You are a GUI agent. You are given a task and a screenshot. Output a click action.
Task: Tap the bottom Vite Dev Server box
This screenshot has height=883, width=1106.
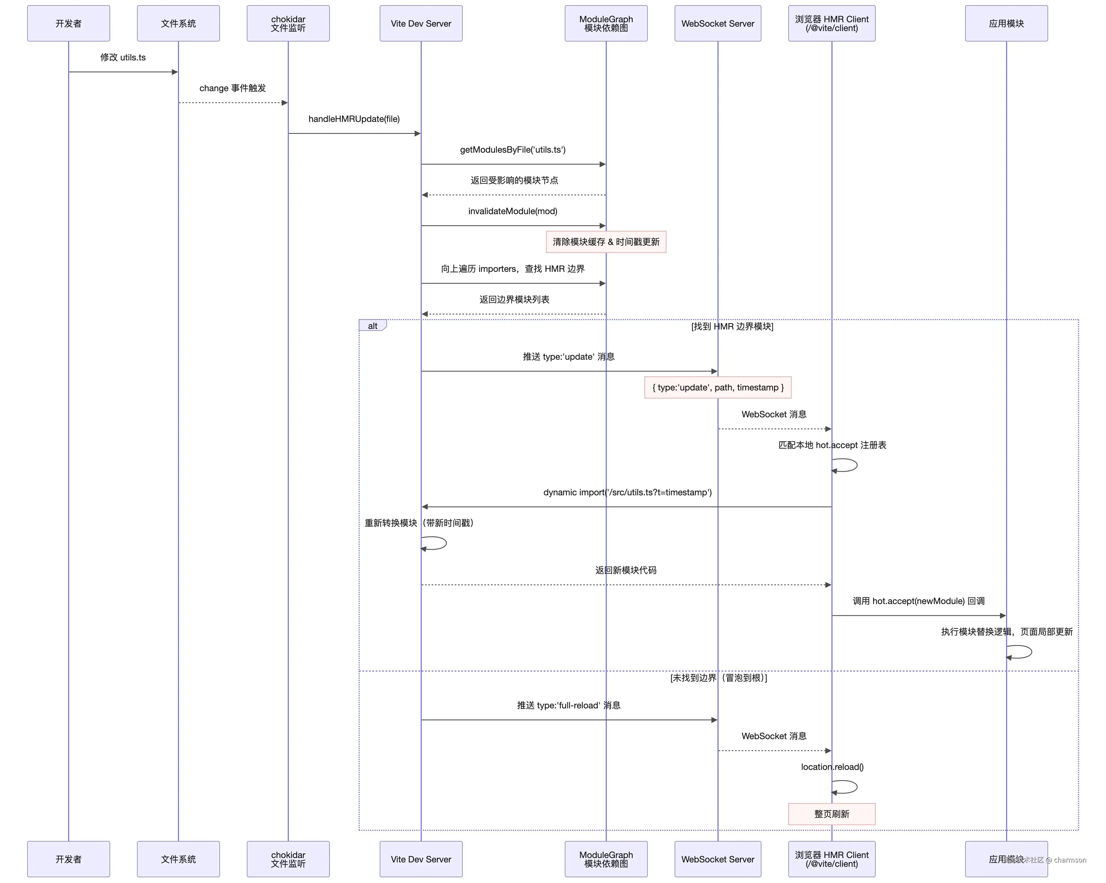click(x=421, y=859)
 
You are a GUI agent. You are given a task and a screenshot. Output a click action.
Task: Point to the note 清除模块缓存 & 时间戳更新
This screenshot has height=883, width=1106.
click(x=606, y=242)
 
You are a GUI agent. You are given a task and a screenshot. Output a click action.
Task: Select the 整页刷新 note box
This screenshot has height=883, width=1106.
click(x=831, y=814)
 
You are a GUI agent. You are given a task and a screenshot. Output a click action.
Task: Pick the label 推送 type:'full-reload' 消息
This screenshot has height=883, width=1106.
click(x=568, y=705)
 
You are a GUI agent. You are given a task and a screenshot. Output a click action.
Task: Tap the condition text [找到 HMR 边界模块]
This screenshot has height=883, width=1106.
click(x=732, y=326)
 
